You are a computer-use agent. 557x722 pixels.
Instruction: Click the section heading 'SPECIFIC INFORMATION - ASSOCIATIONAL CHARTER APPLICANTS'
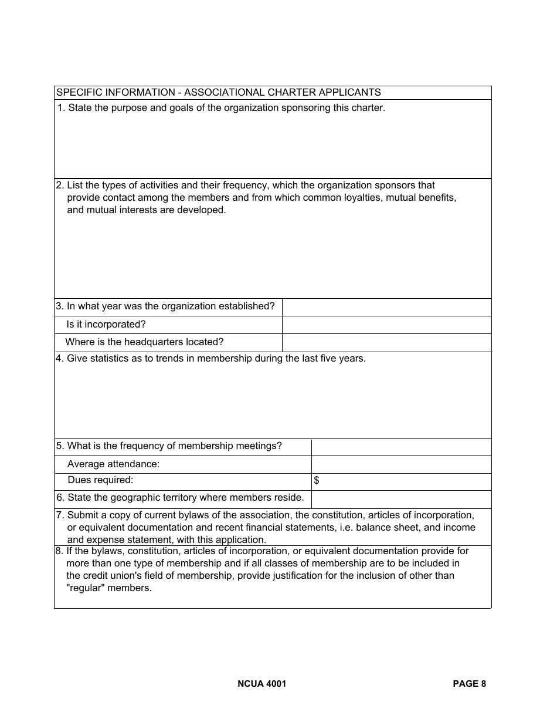[218, 93]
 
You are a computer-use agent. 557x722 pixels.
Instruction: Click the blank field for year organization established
[386, 307]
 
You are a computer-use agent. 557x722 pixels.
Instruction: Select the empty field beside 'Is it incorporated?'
[386, 325]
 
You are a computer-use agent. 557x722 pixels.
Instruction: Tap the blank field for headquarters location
[386, 343]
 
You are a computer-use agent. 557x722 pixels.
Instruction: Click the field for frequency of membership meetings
[401, 447]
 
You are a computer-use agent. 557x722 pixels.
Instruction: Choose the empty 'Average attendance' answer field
[401, 464]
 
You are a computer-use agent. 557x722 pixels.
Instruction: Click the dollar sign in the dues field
[317, 481]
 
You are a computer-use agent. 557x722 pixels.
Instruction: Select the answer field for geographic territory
[401, 499]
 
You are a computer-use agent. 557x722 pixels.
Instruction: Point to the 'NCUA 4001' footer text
[262, 683]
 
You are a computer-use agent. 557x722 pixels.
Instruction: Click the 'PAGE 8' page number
[469, 683]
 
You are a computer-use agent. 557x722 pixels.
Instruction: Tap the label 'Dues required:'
[100, 480]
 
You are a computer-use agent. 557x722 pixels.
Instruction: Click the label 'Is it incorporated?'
[106, 325]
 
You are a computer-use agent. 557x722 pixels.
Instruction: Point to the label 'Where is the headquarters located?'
[144, 342]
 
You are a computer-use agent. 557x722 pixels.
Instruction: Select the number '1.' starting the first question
[62, 108]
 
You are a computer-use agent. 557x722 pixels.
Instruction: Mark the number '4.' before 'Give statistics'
[60, 359]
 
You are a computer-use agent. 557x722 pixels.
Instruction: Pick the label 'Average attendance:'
[113, 464]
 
